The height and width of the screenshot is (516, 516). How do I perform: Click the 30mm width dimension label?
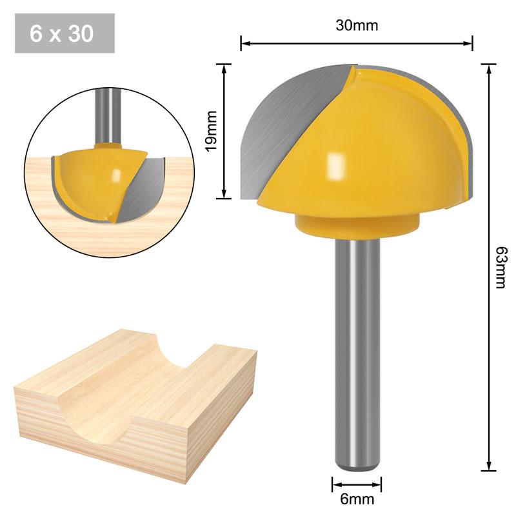tap(356, 26)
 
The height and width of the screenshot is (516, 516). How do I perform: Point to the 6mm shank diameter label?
tap(357, 499)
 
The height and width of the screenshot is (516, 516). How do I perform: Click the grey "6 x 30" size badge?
tap(64, 34)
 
